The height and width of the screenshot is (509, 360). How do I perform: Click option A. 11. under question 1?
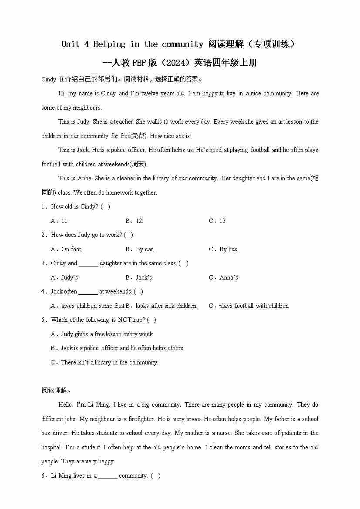coord(60,221)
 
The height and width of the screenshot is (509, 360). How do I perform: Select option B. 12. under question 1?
coord(134,221)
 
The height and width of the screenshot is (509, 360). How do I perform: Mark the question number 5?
coord(44,320)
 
